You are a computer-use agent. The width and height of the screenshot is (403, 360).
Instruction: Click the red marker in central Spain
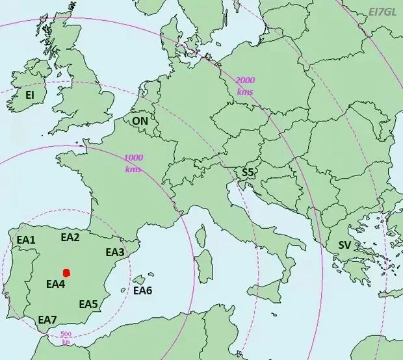pos(66,273)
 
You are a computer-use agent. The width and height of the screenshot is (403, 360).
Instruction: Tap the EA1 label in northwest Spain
pos(26,240)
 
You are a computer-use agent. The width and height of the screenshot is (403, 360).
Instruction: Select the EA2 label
pos(70,237)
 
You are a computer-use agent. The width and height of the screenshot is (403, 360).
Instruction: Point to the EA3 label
pos(114,252)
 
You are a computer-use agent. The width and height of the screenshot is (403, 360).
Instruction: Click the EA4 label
pos(55,284)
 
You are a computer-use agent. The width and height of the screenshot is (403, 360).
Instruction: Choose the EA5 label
pos(88,304)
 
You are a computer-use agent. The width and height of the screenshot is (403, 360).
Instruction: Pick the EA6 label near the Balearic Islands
pos(142,290)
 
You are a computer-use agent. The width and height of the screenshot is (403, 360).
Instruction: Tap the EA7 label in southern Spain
pos(47,319)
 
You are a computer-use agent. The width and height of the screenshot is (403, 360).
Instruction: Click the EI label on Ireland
pos(30,95)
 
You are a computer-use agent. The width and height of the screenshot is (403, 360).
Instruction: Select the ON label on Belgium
pos(140,121)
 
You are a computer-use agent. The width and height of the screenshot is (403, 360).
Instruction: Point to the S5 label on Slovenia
pos(248,172)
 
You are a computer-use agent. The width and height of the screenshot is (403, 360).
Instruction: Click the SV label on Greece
pos(344,245)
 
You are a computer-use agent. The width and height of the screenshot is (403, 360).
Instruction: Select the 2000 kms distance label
pos(245,86)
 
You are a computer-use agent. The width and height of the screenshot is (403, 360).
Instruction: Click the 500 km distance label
pos(66,337)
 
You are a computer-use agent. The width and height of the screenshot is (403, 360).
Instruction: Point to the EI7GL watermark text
pos(382,12)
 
